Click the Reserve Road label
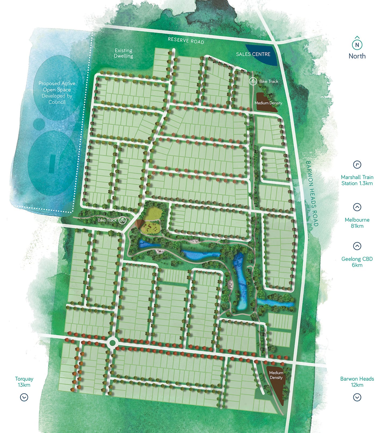click(x=186, y=41)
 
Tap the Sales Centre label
click(x=253, y=54)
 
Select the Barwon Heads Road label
click(x=312, y=194)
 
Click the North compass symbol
click(x=357, y=45)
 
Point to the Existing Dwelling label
click(x=123, y=53)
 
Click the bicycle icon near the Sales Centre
click(x=253, y=81)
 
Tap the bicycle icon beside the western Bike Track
click(x=123, y=220)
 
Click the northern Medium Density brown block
click(x=266, y=102)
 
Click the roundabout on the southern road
click(x=112, y=343)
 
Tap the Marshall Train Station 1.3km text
click(x=357, y=180)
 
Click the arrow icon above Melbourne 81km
click(x=357, y=207)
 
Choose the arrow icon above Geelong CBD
click(x=357, y=246)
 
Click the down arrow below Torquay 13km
click(x=24, y=397)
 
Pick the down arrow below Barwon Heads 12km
click(x=357, y=397)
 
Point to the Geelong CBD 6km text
click(x=357, y=262)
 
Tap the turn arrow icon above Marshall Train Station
click(x=357, y=165)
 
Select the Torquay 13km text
click(x=24, y=382)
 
